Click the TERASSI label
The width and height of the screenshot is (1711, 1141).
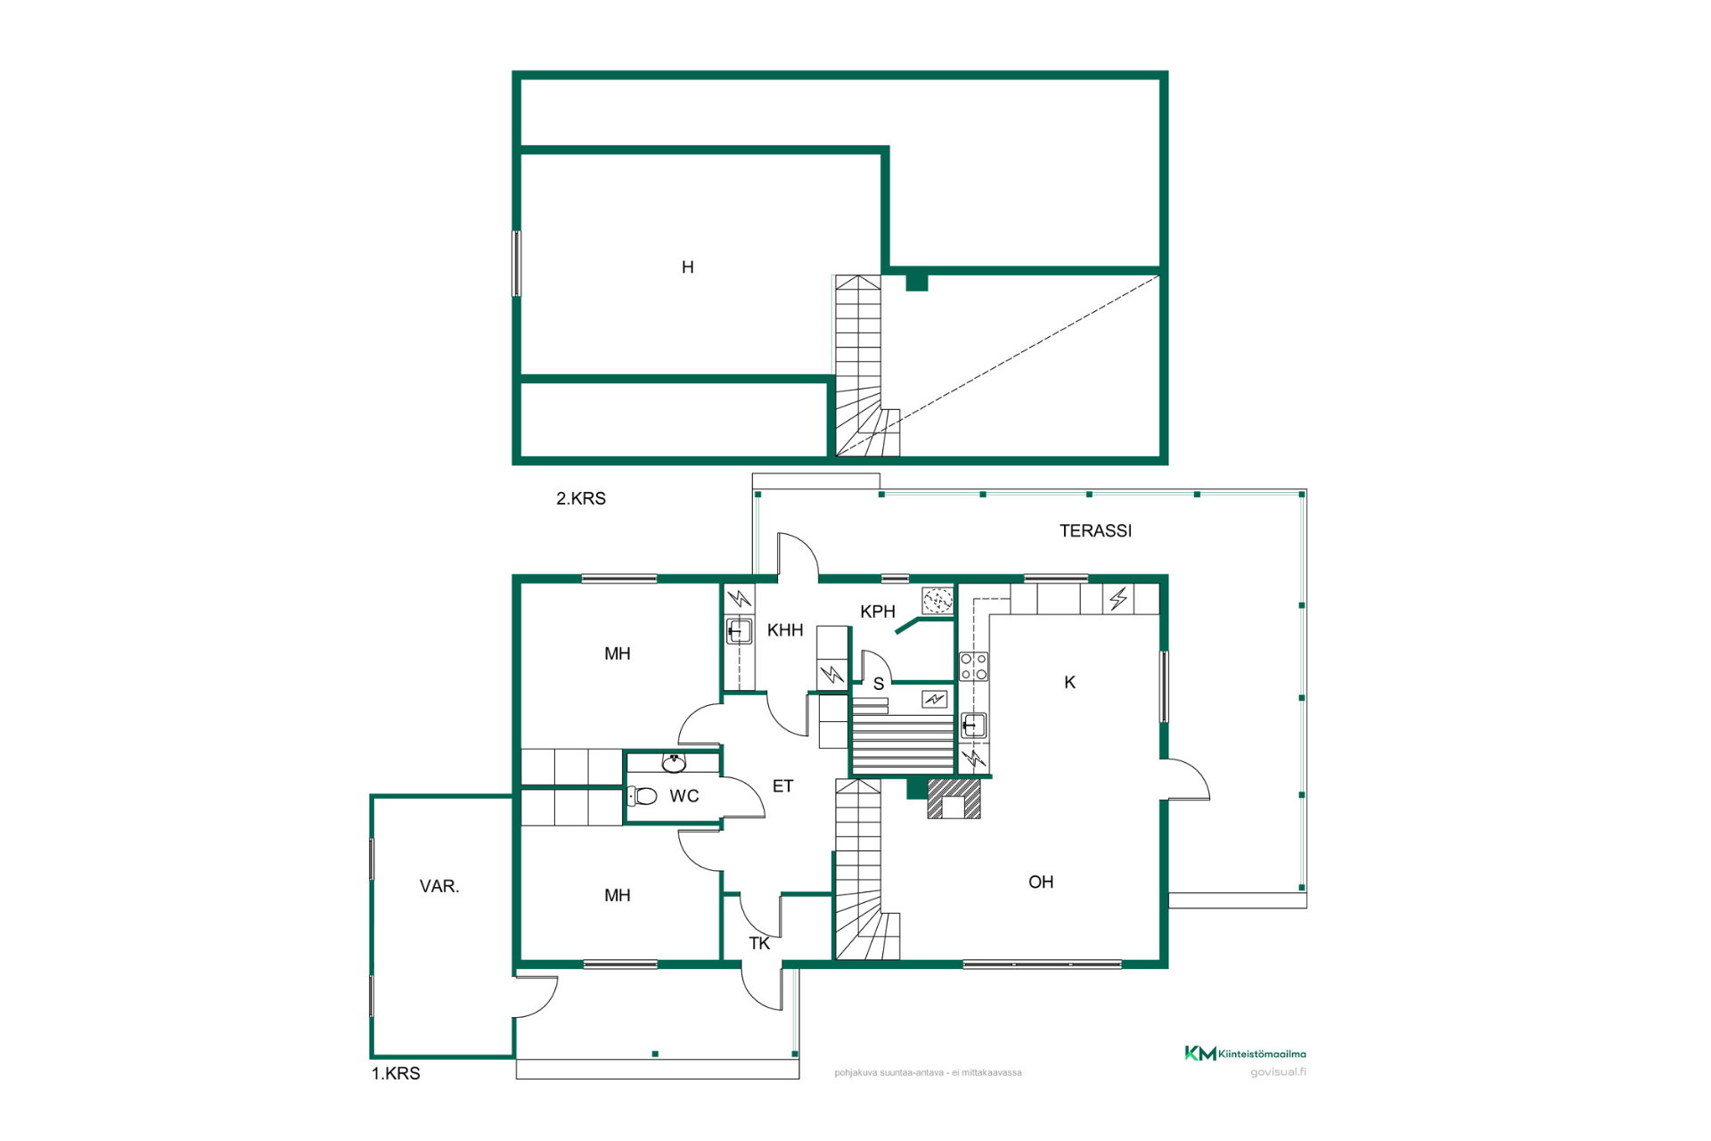point(1095,531)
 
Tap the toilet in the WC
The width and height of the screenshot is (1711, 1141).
point(643,796)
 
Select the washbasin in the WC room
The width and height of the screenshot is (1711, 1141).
point(675,763)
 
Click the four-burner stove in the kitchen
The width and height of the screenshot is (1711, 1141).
point(973,667)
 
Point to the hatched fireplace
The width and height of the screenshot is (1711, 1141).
point(954,799)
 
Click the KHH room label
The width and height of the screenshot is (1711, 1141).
point(785,631)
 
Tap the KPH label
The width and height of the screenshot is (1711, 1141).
point(878,612)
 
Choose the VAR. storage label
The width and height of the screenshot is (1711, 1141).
point(439,887)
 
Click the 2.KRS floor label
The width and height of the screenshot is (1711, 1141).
point(581,499)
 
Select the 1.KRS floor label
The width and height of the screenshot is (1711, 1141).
point(396,1074)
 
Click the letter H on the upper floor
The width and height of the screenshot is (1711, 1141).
point(688,267)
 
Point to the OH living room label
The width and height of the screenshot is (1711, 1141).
point(1041,882)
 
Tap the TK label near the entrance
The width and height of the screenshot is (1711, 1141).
point(759,944)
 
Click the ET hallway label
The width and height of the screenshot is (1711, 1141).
point(782,786)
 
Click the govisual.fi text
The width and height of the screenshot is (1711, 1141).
point(1278,1072)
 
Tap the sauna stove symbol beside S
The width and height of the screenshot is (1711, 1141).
point(934,700)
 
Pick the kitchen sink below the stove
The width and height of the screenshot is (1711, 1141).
point(973,726)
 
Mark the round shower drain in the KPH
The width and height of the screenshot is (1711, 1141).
point(937,602)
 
